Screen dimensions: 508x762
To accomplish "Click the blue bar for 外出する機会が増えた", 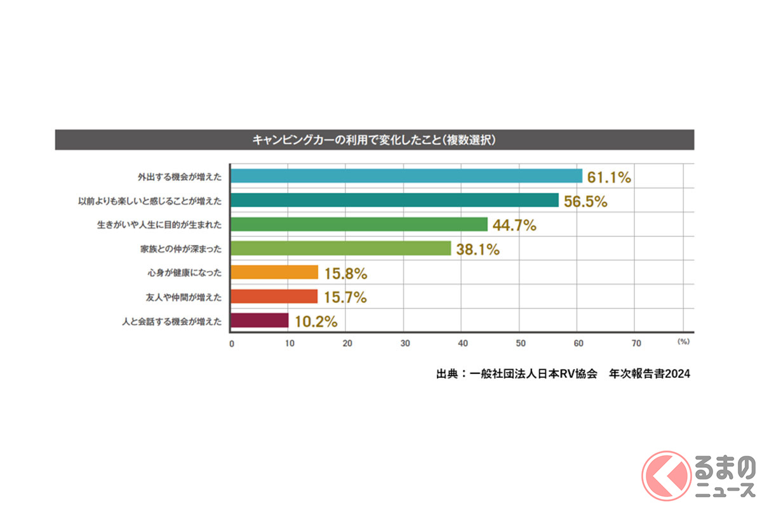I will [406, 176].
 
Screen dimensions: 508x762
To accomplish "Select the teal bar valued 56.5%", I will [394, 200].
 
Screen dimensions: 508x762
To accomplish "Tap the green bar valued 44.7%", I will [359, 224].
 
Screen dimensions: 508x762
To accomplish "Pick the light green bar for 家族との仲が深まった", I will [340, 248].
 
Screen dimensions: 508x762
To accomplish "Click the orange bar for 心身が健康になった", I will [274, 272].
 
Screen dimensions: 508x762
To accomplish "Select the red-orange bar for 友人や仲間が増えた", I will [274, 297].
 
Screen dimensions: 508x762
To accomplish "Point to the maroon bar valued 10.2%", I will [260, 321].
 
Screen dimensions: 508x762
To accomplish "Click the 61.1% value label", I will [609, 178].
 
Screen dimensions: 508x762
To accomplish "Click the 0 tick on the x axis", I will [231, 344].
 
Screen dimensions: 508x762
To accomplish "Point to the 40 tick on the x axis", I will [462, 344].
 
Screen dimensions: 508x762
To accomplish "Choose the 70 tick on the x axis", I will [636, 344].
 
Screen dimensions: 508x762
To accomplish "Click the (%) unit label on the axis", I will [683, 342].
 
